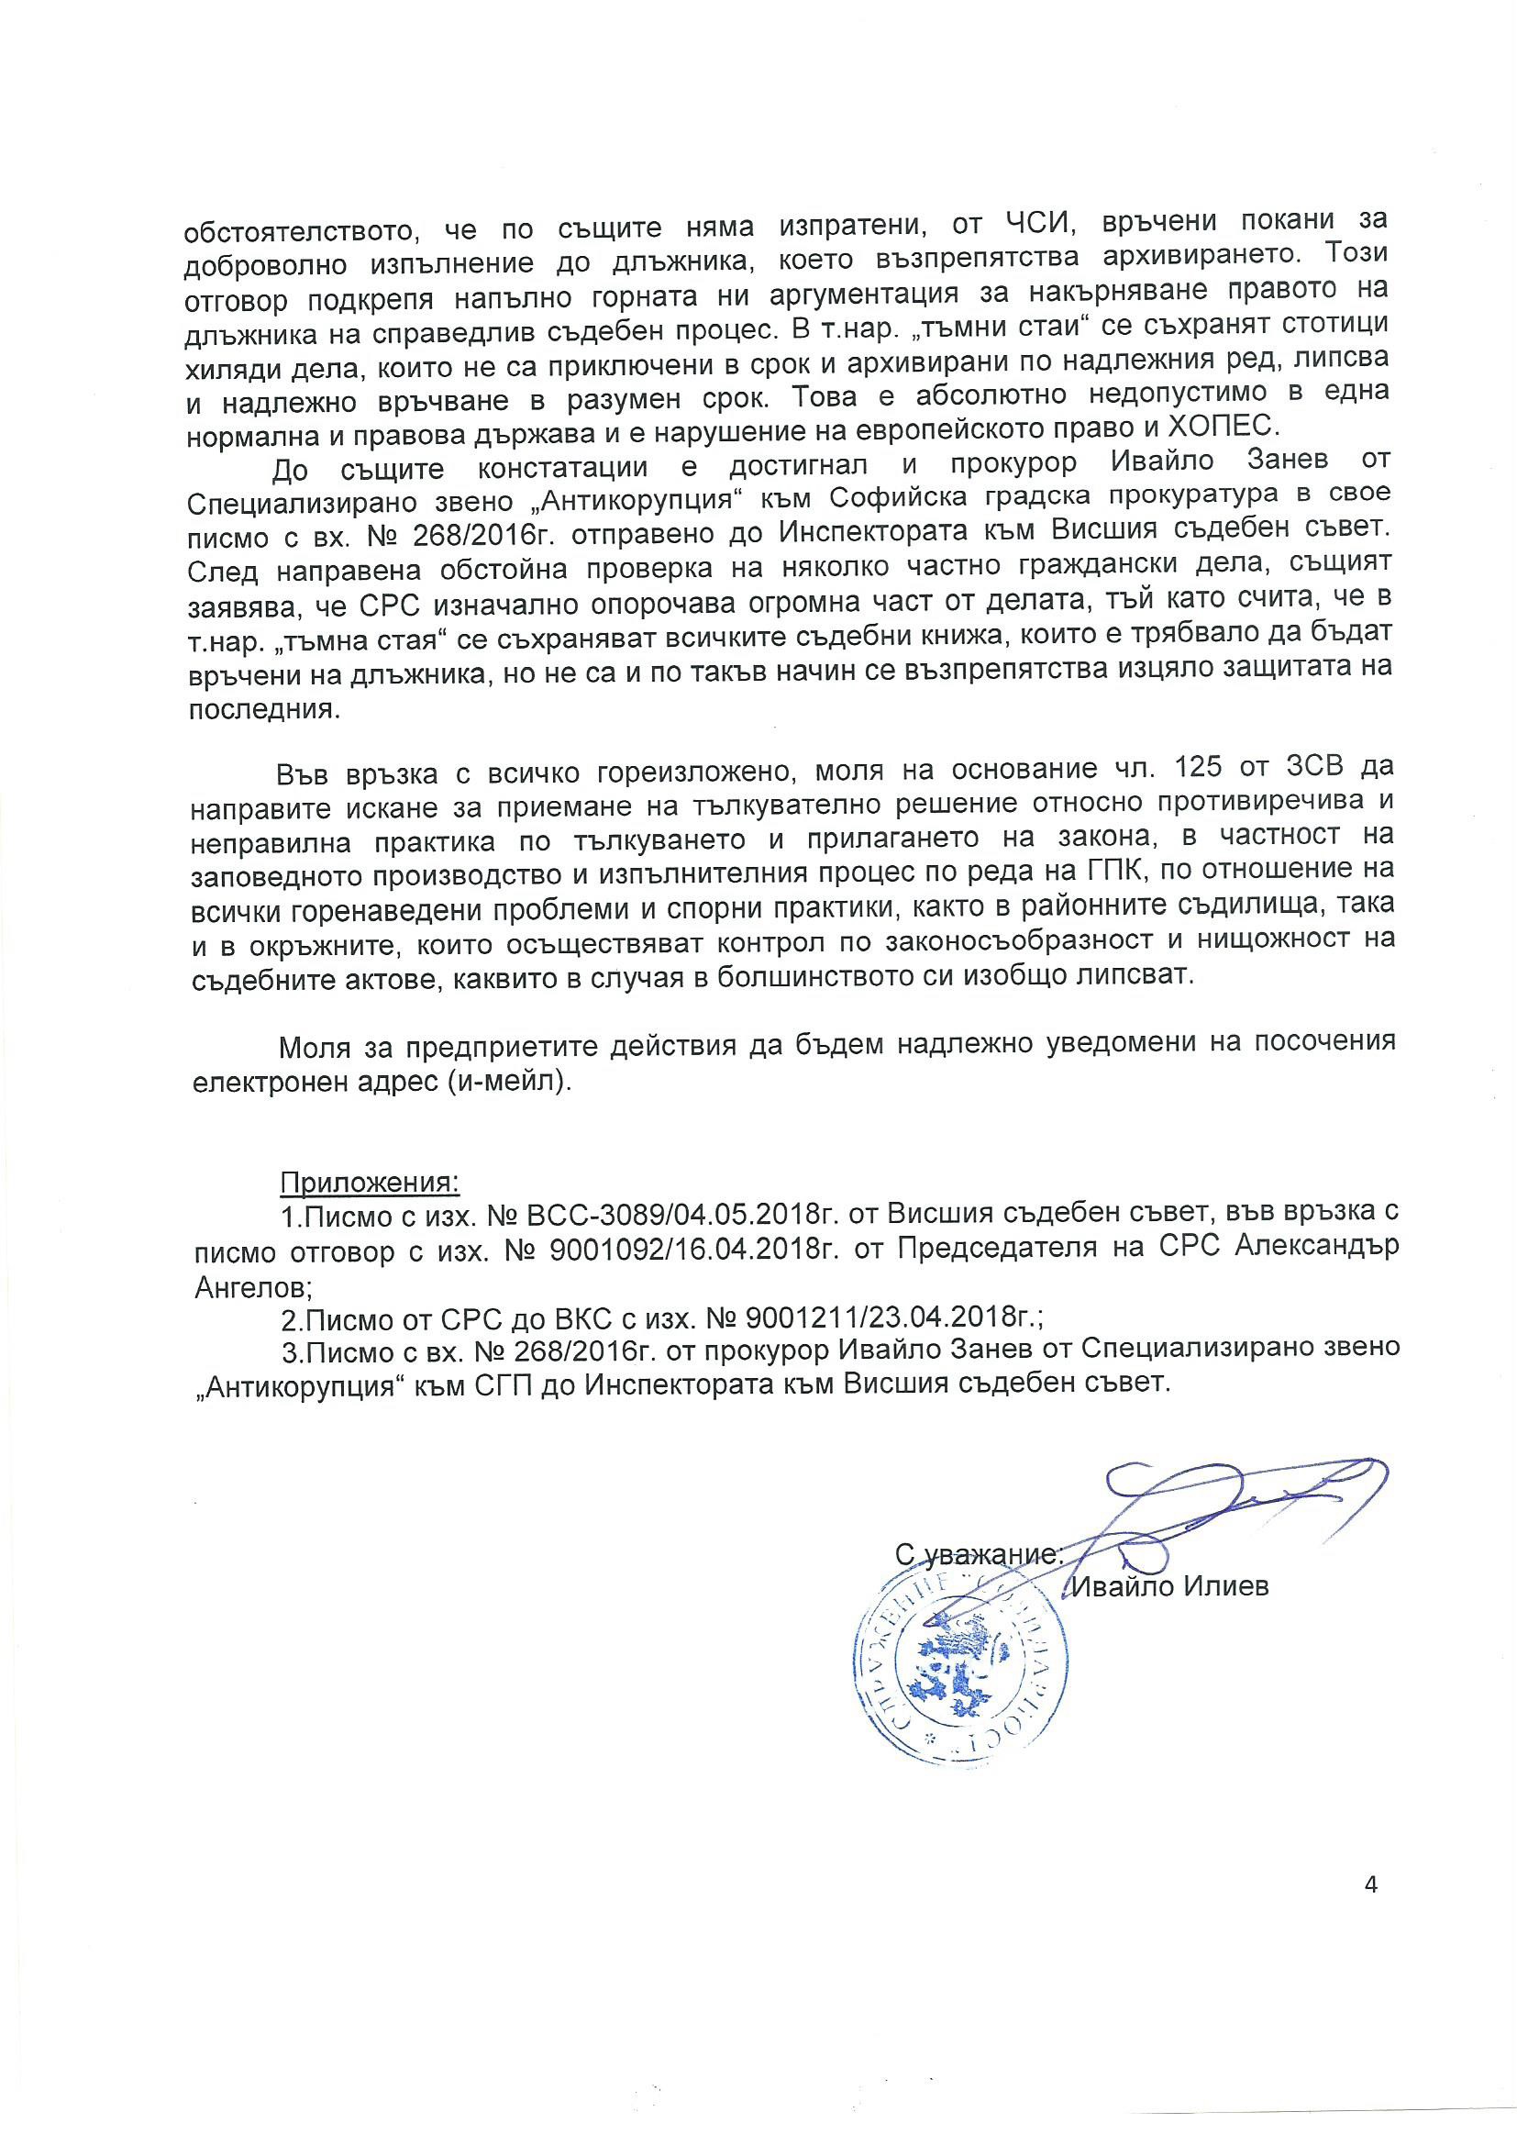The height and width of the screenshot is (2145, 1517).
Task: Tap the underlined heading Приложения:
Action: [x=369, y=1182]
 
